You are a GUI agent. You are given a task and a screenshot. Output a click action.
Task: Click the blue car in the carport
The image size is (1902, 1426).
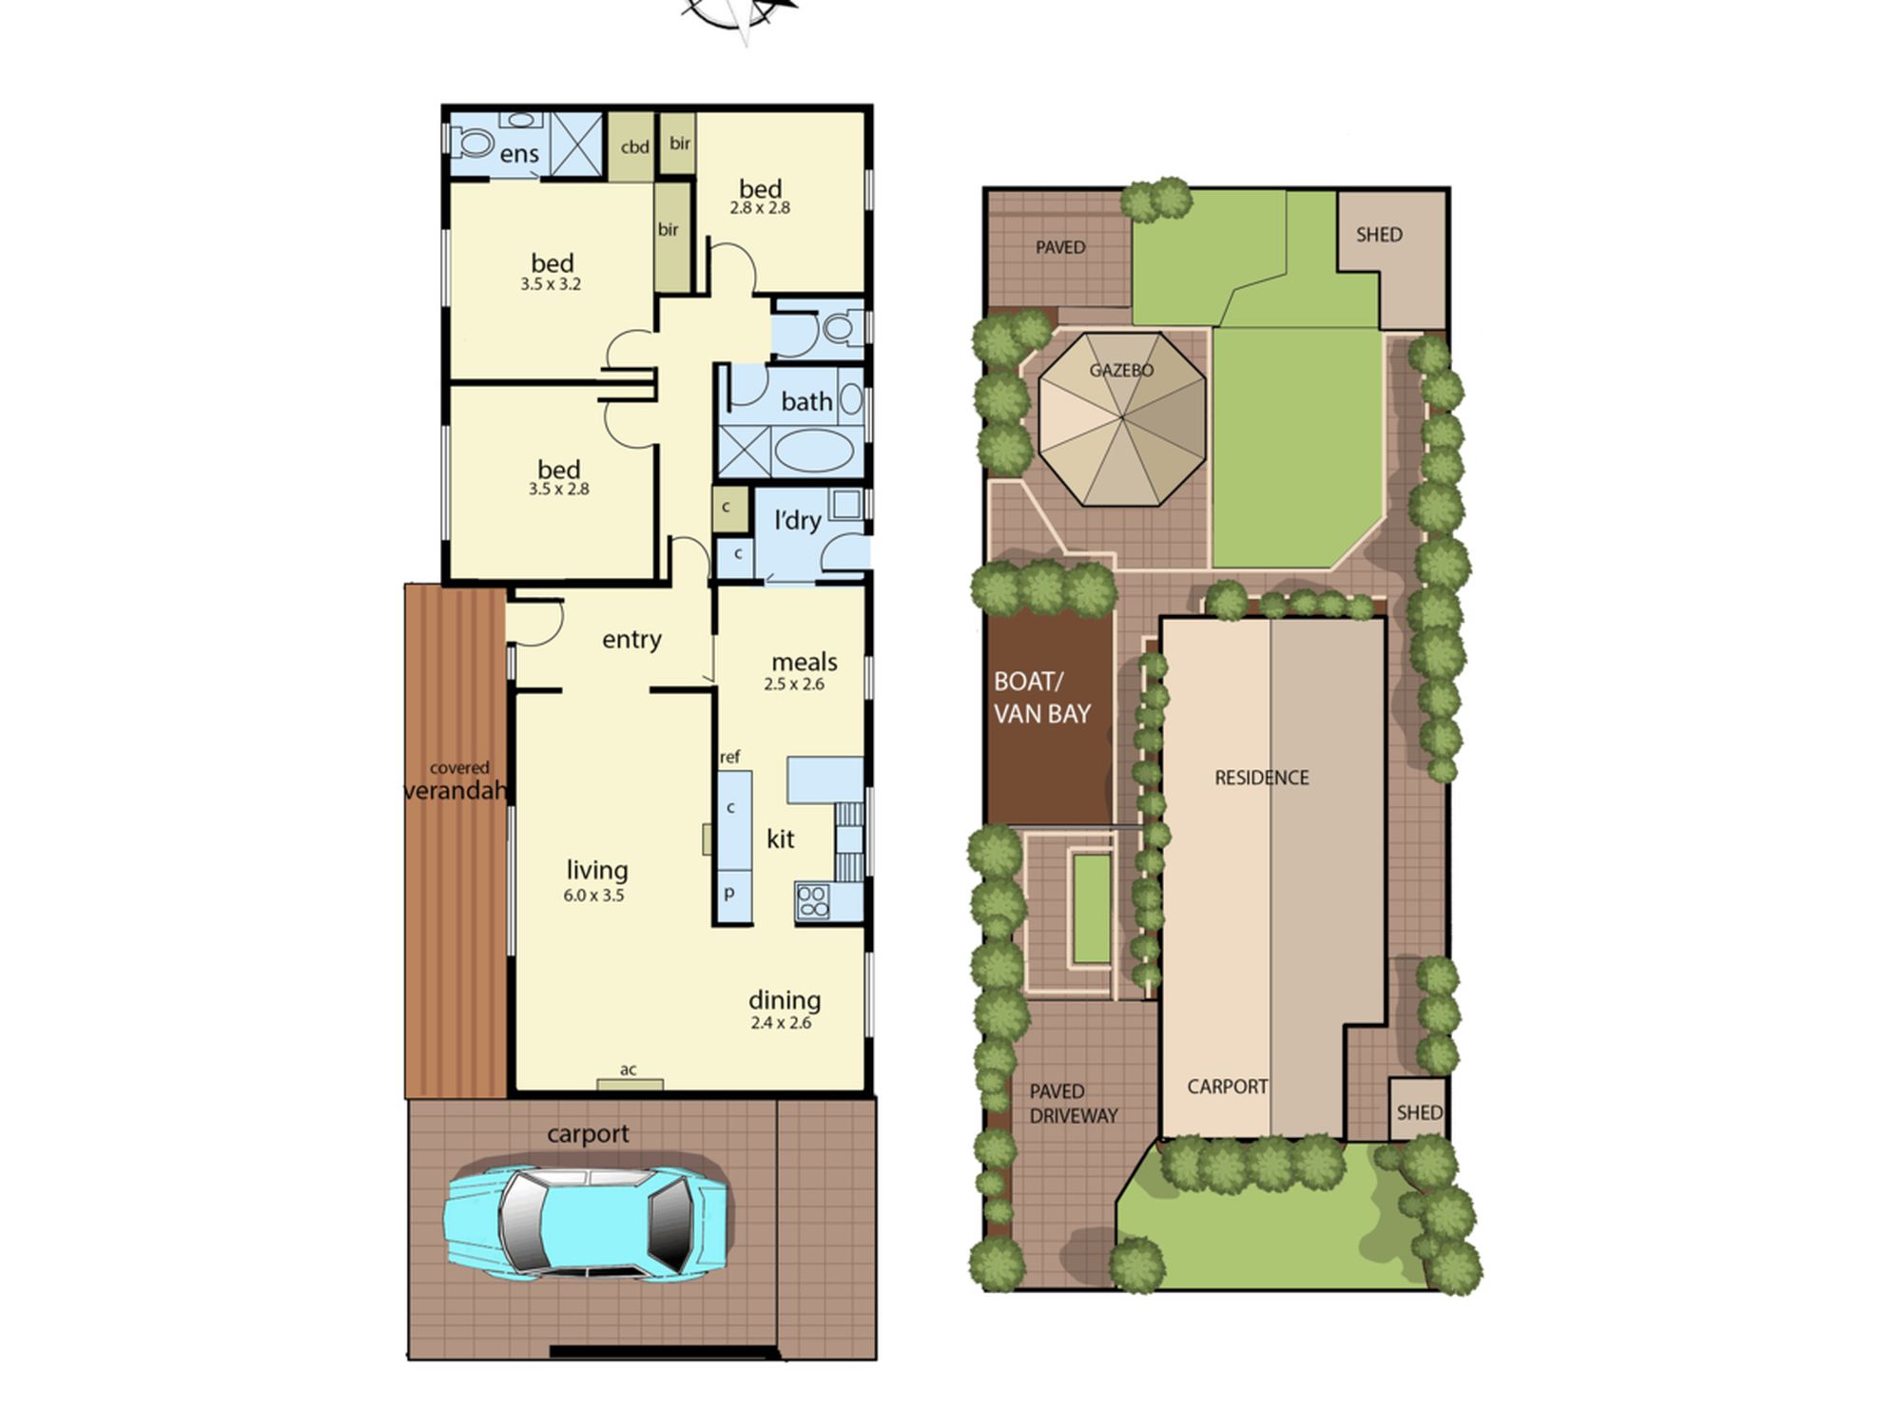589,1221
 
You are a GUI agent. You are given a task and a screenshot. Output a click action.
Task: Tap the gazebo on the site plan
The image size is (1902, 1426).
1122,418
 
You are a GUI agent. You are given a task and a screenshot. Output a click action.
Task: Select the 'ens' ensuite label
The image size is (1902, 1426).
519,154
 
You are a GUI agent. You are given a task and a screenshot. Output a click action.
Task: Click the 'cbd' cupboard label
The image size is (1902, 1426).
634,147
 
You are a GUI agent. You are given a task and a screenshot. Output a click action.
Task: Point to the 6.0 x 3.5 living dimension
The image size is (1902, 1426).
593,896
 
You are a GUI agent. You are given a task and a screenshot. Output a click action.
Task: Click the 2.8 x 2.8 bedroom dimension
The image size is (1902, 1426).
760,208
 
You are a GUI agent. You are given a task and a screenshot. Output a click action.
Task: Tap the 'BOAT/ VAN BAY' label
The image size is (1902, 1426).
1042,698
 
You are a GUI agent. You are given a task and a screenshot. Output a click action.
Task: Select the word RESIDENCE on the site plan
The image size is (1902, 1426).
1262,778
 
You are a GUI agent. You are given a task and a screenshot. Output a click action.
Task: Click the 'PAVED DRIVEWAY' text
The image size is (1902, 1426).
1074,1104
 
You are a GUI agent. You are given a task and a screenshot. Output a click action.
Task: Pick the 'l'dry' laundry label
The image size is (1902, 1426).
797,520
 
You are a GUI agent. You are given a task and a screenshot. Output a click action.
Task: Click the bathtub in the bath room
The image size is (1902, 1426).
814,452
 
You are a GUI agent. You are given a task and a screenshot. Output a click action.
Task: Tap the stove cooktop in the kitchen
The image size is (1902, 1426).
813,901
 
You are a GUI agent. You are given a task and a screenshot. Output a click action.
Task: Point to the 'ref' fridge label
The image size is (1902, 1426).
729,758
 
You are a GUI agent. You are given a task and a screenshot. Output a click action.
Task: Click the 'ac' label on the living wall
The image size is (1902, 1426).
629,1069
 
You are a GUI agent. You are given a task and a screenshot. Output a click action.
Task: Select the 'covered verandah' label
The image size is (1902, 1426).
457,780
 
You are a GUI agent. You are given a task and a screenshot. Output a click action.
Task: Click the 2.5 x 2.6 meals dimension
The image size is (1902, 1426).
794,684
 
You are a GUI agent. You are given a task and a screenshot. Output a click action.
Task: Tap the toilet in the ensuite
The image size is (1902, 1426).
473,144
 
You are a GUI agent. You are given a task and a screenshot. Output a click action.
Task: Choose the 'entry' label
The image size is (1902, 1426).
631,640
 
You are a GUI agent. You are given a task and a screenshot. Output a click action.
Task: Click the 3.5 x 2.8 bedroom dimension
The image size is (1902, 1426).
559,490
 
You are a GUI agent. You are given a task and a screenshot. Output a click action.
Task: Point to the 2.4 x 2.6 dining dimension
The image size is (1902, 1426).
781,1023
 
